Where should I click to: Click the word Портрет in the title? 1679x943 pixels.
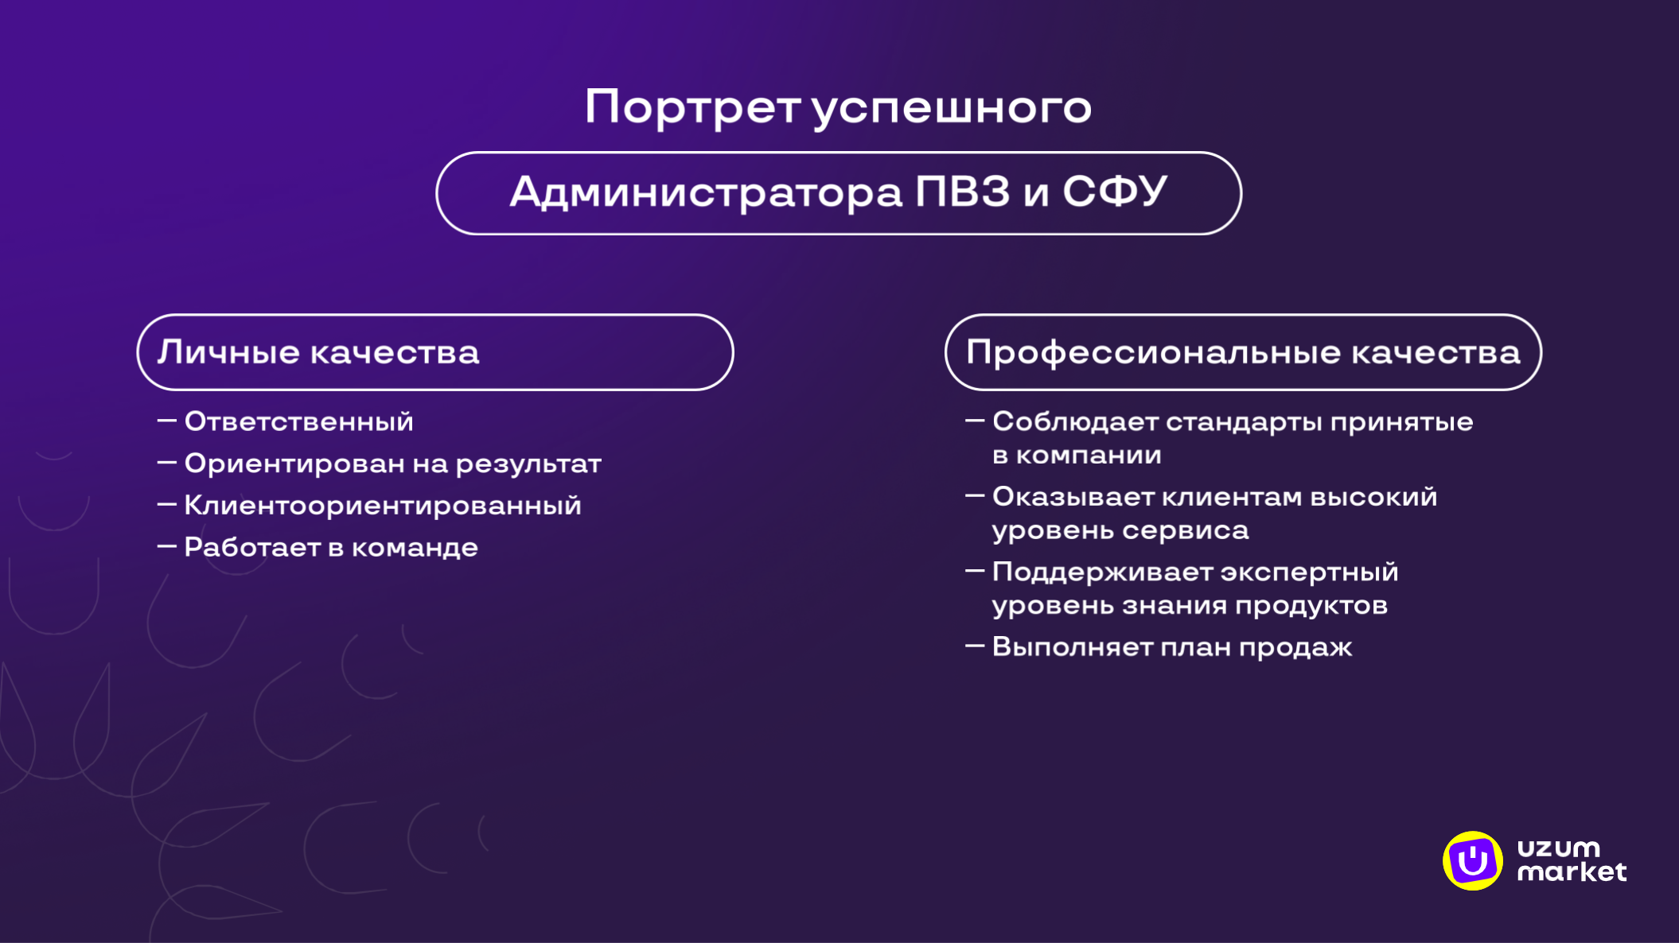(x=691, y=107)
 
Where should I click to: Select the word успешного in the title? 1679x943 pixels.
(x=952, y=109)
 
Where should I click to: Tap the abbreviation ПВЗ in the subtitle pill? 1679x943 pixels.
(x=962, y=192)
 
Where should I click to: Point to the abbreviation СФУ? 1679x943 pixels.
(x=1115, y=192)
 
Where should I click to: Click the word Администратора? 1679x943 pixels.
(x=706, y=193)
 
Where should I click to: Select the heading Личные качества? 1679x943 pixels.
(x=318, y=352)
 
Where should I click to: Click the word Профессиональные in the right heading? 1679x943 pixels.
(x=1153, y=352)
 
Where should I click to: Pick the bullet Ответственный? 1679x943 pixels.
(x=298, y=421)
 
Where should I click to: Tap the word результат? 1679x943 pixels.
(x=528, y=464)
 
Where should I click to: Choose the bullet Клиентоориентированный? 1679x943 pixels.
(x=382, y=506)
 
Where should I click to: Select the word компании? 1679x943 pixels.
(x=1088, y=456)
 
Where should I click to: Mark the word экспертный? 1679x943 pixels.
(x=1309, y=572)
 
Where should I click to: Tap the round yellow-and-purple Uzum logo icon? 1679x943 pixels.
(x=1472, y=860)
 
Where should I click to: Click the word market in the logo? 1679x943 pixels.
(x=1572, y=872)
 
